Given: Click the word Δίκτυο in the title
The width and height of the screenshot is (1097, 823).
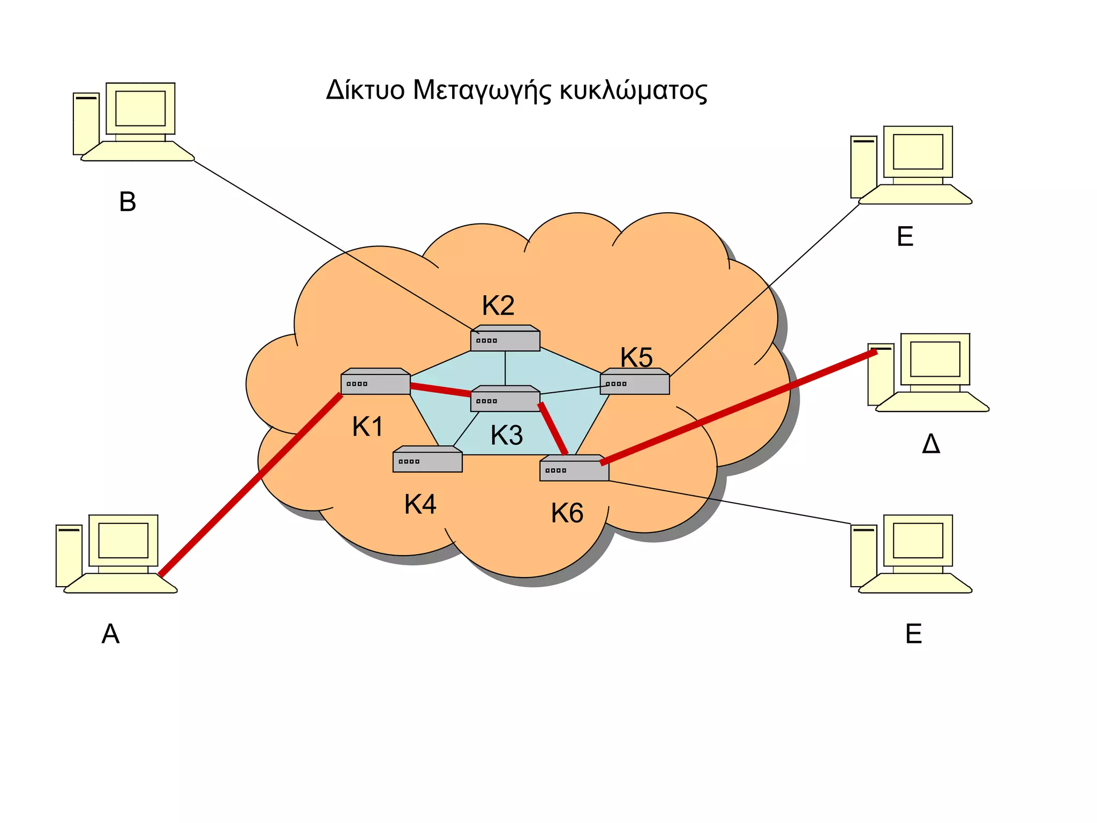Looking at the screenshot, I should (x=365, y=90).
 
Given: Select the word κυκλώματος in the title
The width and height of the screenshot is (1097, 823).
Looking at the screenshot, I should (x=633, y=90).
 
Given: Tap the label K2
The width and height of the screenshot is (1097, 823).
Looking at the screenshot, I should (x=498, y=305).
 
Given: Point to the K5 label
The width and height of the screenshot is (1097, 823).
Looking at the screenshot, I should (x=636, y=357).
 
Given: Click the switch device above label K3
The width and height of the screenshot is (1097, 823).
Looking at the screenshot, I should (x=505, y=399).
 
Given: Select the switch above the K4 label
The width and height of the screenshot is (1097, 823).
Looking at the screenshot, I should (x=427, y=460).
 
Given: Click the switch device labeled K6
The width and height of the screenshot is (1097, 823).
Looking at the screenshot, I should (x=574, y=469).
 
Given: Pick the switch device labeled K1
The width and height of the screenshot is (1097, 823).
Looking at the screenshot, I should (x=375, y=382).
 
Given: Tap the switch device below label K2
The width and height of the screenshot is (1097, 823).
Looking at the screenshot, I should (x=505, y=339).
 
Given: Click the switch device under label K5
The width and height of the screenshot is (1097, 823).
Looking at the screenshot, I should (x=635, y=382).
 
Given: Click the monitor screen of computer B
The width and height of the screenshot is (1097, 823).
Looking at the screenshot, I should (x=140, y=108).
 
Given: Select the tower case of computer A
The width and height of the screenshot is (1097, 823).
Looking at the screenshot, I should (x=69, y=555).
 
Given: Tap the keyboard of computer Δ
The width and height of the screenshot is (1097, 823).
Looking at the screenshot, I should (x=932, y=402).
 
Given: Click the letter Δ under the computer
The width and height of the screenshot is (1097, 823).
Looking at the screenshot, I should (x=931, y=444).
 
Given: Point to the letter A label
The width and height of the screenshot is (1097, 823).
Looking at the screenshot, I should (x=110, y=634).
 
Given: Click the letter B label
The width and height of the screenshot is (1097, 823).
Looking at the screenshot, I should (x=127, y=202).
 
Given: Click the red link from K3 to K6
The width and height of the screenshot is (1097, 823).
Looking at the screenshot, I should (x=553, y=429).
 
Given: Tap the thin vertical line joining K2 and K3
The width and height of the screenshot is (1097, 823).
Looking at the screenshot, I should (x=505, y=368).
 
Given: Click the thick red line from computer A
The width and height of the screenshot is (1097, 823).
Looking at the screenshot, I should (x=250, y=485).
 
